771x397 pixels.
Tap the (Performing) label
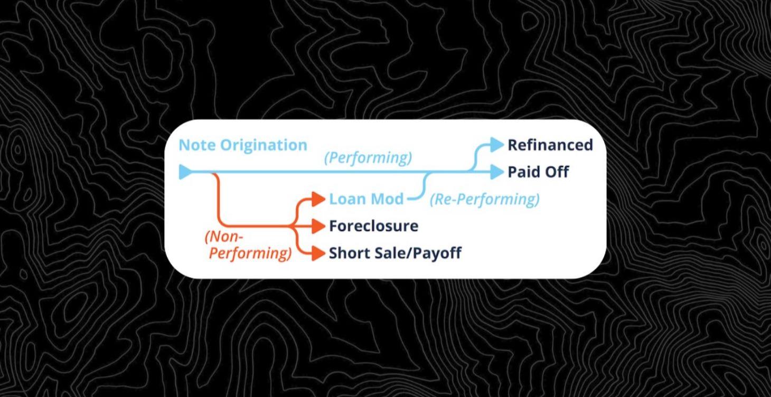coord(368,157)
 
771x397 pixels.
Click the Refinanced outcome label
coord(550,145)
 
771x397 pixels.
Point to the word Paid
coord(524,172)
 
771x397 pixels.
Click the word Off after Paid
coord(557,172)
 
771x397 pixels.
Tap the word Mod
coord(387,199)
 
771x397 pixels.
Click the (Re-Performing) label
coord(484,199)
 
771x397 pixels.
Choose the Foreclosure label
coord(373,226)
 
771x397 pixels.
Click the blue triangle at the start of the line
coord(185,172)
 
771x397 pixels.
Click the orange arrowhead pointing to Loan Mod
coord(317,199)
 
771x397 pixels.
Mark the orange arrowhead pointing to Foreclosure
coord(317,226)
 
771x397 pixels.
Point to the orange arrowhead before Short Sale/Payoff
coord(317,253)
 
